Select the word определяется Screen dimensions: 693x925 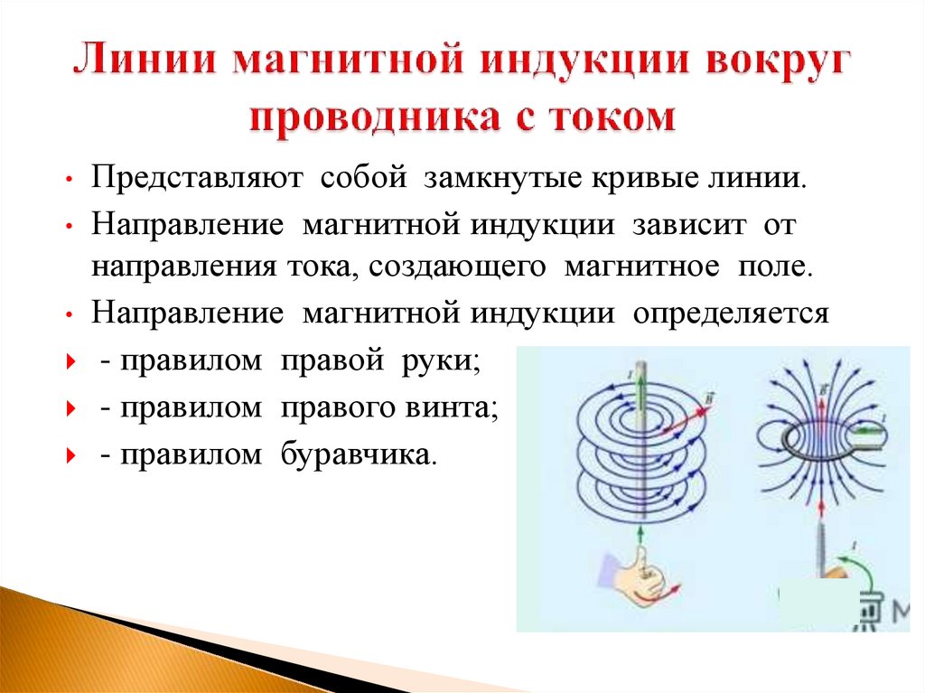(731, 314)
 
